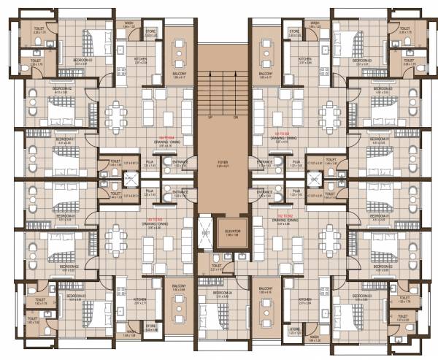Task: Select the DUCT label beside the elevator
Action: (x=207, y=233)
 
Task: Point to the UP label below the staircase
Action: (x=210, y=116)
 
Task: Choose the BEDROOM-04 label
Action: (x=223, y=292)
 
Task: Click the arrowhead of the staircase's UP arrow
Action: (x=210, y=74)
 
